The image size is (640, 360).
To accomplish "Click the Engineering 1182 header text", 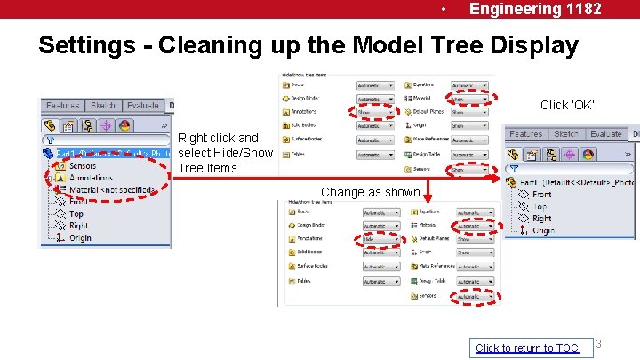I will [535, 9].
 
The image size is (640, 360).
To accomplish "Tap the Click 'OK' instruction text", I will [567, 105].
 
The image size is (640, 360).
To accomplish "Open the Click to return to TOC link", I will [526, 348].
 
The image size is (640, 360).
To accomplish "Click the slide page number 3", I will [599, 344].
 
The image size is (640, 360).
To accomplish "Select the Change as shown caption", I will [370, 192].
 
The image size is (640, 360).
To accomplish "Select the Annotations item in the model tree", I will [91, 178].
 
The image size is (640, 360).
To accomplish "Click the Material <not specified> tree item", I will [112, 190].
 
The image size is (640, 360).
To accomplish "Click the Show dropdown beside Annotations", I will [374, 113].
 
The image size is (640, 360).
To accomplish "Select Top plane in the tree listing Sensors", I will [76, 214].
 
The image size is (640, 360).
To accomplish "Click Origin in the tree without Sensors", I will [542, 231].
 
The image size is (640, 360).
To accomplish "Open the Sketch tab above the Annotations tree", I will [103, 106].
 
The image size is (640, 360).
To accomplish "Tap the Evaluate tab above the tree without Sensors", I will [605, 133].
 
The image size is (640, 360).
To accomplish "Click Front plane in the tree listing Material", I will [79, 202].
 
